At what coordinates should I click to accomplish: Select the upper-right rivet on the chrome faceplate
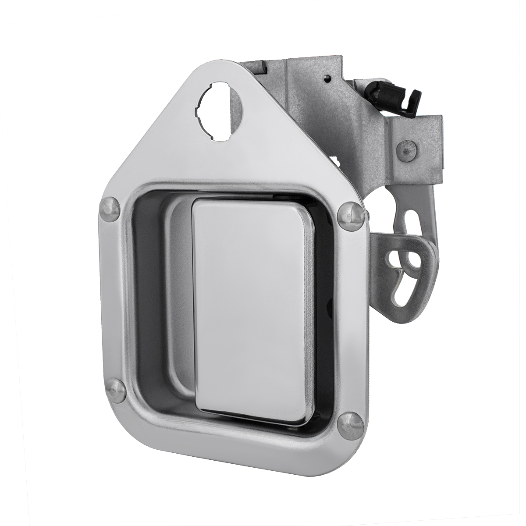click(350, 213)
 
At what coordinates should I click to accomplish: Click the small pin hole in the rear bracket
click(328, 79)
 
